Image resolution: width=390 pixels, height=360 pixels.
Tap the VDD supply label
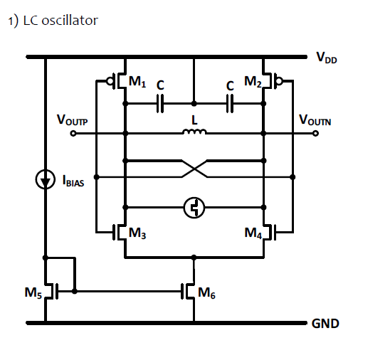click(x=327, y=58)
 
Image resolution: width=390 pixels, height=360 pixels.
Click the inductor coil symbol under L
click(x=194, y=132)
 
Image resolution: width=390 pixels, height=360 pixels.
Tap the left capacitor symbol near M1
click(x=160, y=104)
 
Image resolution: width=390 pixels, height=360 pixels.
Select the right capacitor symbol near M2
click(x=229, y=104)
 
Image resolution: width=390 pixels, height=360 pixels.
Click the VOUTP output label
click(x=73, y=122)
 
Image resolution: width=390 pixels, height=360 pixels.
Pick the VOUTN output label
click(x=315, y=122)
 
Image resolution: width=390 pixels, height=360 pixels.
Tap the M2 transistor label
click(x=252, y=83)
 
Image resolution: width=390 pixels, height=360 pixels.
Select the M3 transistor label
click(x=138, y=231)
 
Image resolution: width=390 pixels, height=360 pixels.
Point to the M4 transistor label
click(x=253, y=231)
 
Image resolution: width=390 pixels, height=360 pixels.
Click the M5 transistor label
click(x=33, y=292)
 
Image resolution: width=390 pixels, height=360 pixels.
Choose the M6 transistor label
click(x=206, y=292)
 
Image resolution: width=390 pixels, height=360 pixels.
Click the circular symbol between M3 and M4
click(x=194, y=207)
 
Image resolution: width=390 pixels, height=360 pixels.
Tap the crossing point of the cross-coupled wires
click(x=194, y=169)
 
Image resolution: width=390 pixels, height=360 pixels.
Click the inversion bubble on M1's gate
click(x=111, y=80)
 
